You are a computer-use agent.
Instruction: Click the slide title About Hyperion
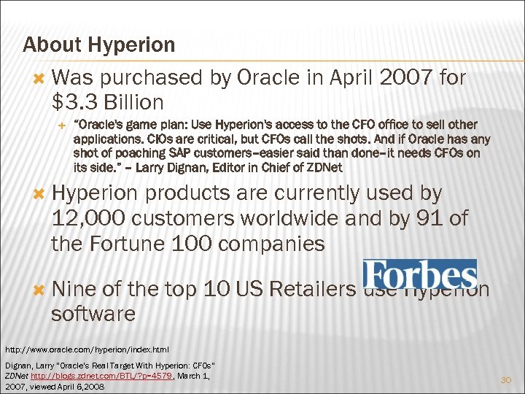click(x=98, y=45)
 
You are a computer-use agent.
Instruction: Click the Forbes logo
click(x=420, y=274)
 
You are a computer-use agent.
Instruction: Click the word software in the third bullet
click(x=93, y=314)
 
